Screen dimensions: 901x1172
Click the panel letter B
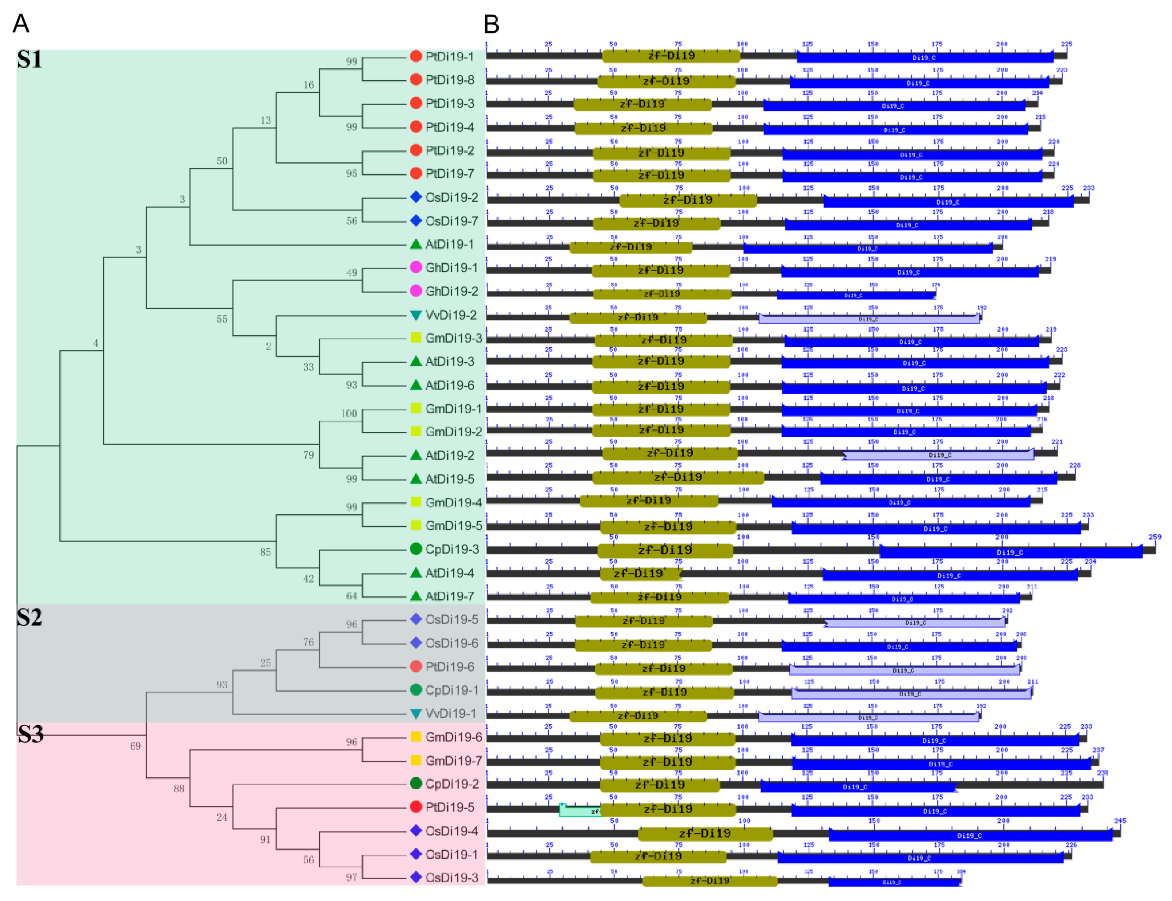coord(491,24)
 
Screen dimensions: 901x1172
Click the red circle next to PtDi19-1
coord(415,56)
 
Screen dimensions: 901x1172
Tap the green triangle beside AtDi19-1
coord(415,244)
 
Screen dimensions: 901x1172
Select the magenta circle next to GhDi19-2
coord(415,291)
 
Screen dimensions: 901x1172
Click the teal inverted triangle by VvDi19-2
coord(415,315)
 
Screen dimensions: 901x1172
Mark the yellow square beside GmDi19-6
coord(415,736)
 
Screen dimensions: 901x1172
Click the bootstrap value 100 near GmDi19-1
coord(349,413)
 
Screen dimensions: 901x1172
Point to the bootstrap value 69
coord(136,745)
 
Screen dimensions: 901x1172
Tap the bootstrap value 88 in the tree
coord(179,789)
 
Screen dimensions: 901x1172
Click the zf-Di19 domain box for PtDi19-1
coord(671,55)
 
